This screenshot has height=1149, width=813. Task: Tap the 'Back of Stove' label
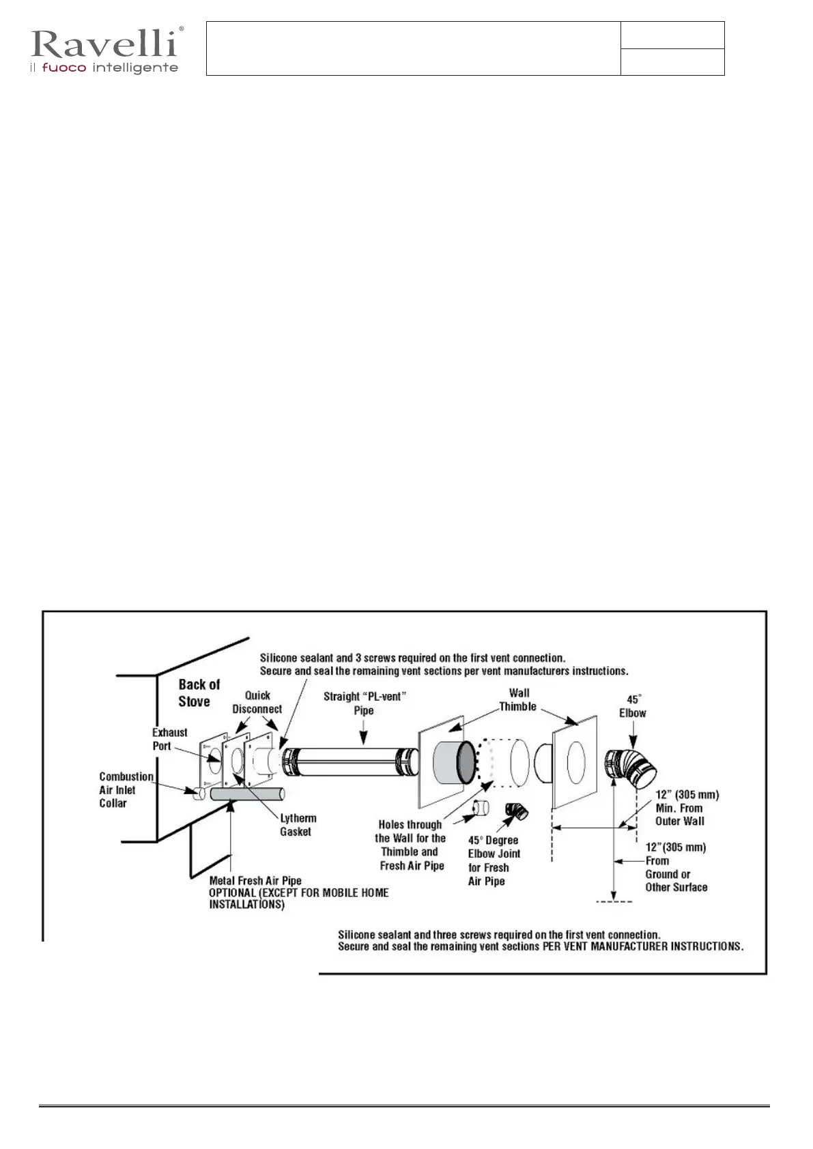click(199, 693)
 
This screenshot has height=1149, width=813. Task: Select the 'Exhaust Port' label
click(169, 739)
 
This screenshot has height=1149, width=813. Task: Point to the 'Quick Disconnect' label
click(257, 702)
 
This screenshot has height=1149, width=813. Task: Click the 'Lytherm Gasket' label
click(298, 824)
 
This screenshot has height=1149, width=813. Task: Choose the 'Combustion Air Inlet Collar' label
click(126, 789)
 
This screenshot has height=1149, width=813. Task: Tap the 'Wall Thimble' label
click(518, 699)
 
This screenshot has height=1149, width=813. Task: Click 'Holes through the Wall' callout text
click(411, 845)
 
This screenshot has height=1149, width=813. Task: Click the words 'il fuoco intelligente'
click(104, 68)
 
